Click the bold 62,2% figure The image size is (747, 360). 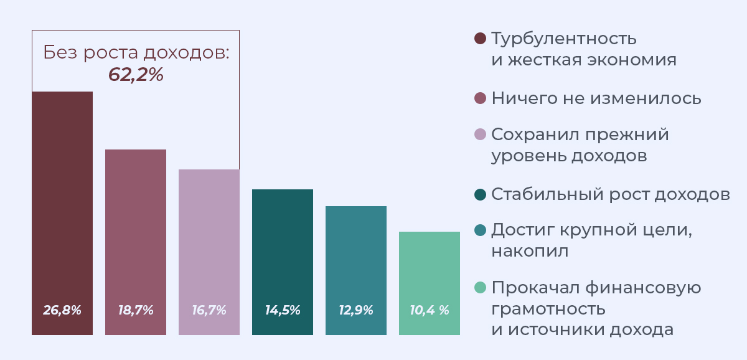tap(136, 75)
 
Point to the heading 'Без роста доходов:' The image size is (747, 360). tap(136, 53)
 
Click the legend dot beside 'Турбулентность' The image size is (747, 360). tap(479, 39)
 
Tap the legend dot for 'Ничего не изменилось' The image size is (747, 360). tap(479, 98)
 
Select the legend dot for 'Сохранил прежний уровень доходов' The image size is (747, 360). tap(479, 135)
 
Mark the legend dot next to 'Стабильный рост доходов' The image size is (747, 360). tap(479, 194)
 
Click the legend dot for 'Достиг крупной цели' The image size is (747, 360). tap(479, 230)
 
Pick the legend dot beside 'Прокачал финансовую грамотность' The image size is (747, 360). tap(479, 288)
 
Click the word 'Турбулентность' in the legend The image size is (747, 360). tap(564, 39)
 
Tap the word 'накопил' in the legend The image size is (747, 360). tap(530, 252)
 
